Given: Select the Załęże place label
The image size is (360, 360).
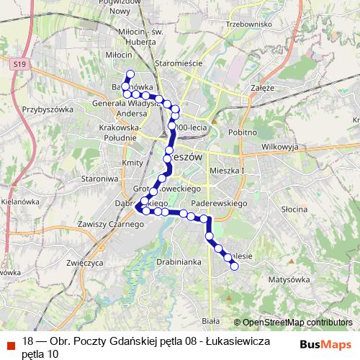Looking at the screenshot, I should pyautogui.click(x=264, y=87).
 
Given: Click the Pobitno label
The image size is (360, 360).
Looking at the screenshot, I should pyautogui.click(x=243, y=132).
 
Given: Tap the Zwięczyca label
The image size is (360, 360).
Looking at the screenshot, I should pyautogui.click(x=81, y=263).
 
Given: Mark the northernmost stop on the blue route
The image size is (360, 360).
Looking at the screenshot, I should pyautogui.click(x=130, y=74).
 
